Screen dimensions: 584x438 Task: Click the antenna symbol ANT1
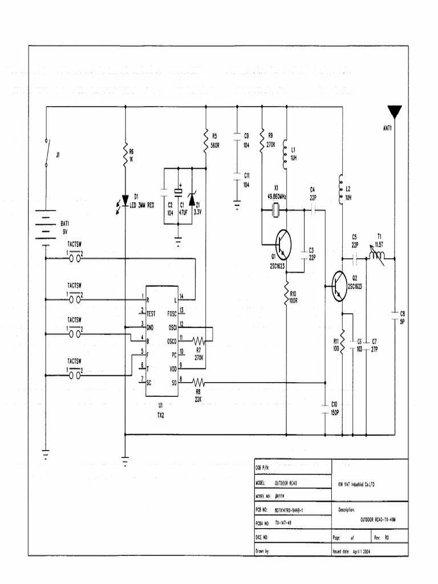click(395, 112)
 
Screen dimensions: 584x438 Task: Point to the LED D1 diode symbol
click(125, 200)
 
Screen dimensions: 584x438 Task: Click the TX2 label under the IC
click(161, 415)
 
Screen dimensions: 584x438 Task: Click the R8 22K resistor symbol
click(198, 382)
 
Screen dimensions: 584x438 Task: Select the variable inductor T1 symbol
click(376, 257)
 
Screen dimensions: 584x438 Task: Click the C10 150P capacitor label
click(334, 408)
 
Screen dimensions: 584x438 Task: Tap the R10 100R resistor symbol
click(286, 294)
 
